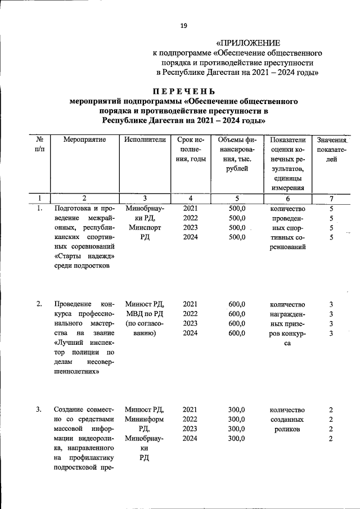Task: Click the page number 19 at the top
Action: click(x=183, y=25)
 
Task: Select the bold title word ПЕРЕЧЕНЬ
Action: click(x=183, y=92)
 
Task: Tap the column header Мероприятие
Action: click(x=84, y=139)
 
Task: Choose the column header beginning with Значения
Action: click(x=331, y=139)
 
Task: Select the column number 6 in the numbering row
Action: click(x=287, y=198)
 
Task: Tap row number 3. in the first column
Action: click(x=39, y=409)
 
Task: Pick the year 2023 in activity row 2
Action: click(x=190, y=324)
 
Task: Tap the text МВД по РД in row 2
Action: click(x=145, y=314)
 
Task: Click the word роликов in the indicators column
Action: click(x=287, y=429)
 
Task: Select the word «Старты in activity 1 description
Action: click(x=69, y=256)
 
